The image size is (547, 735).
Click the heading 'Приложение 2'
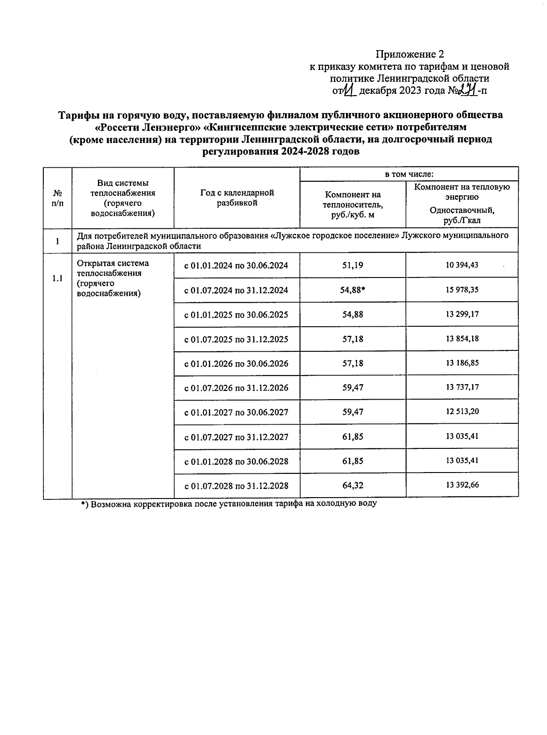[409, 55]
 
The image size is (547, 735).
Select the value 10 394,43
[462, 265]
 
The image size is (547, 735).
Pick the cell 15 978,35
[462, 289]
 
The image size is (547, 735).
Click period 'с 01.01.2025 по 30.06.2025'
[236, 315]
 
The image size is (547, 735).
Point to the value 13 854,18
[462, 339]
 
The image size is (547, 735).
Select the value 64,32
[352, 485]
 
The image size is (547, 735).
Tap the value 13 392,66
[462, 485]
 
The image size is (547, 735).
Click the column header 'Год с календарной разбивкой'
[237, 198]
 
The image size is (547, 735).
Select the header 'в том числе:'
[408, 174]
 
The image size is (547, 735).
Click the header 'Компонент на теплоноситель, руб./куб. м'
[352, 205]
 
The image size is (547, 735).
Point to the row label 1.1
[57, 278]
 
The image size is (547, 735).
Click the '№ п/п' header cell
[57, 198]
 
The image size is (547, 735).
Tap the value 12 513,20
[462, 411]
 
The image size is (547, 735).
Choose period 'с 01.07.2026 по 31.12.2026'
[236, 388]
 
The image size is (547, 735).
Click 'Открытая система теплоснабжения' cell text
[113, 278]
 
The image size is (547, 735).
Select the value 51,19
[352, 265]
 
